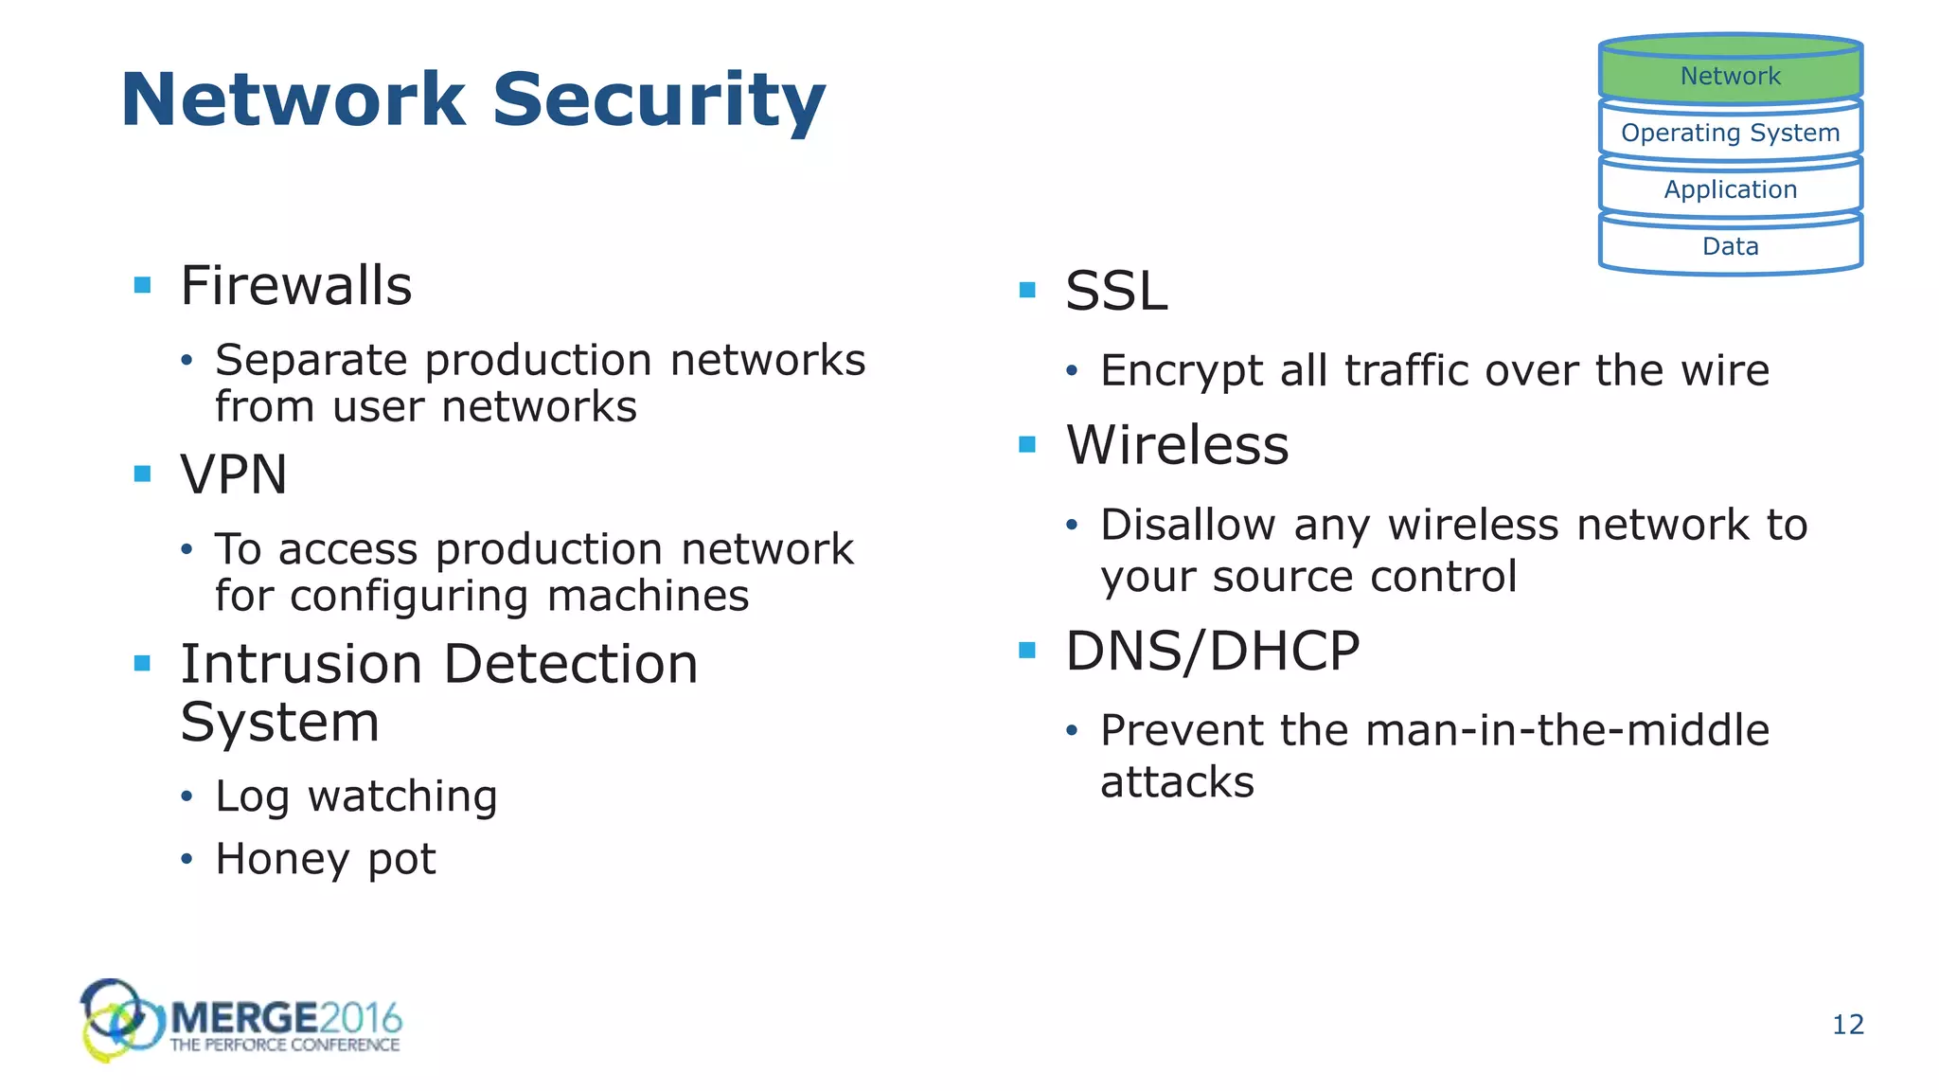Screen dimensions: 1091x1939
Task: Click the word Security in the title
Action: pyautogui.click(x=659, y=100)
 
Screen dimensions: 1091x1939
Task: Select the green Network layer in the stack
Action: pyautogui.click(x=1730, y=75)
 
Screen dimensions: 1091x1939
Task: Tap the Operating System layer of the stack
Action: pyautogui.click(x=1730, y=133)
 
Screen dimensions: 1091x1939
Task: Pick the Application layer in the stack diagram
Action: pyautogui.click(x=1730, y=189)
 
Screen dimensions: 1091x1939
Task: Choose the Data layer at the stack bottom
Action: pyautogui.click(x=1730, y=246)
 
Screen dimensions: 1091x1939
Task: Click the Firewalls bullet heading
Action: pyautogui.click(x=295, y=286)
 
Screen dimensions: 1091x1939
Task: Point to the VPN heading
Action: pyautogui.click(x=234, y=474)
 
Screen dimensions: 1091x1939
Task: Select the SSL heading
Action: pyautogui.click(x=1116, y=291)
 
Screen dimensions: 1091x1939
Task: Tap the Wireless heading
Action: pyautogui.click(x=1177, y=445)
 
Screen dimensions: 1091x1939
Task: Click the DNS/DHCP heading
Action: pyautogui.click(x=1212, y=652)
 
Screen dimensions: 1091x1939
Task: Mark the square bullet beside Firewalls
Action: pyautogui.click(x=143, y=285)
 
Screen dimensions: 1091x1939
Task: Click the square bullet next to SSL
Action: pyautogui.click(x=1027, y=290)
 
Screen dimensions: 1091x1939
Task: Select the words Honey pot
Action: pyautogui.click(x=325, y=859)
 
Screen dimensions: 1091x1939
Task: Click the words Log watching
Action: pyautogui.click(x=356, y=796)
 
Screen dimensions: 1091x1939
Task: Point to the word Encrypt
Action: pyautogui.click(x=1181, y=371)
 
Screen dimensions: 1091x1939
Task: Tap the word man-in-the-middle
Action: pyautogui.click(x=1567, y=730)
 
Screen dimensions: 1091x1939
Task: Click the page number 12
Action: pyautogui.click(x=1847, y=1025)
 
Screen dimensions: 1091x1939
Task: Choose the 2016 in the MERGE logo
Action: pyautogui.click(x=361, y=1019)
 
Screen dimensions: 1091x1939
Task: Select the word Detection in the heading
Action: pyautogui.click(x=570, y=664)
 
